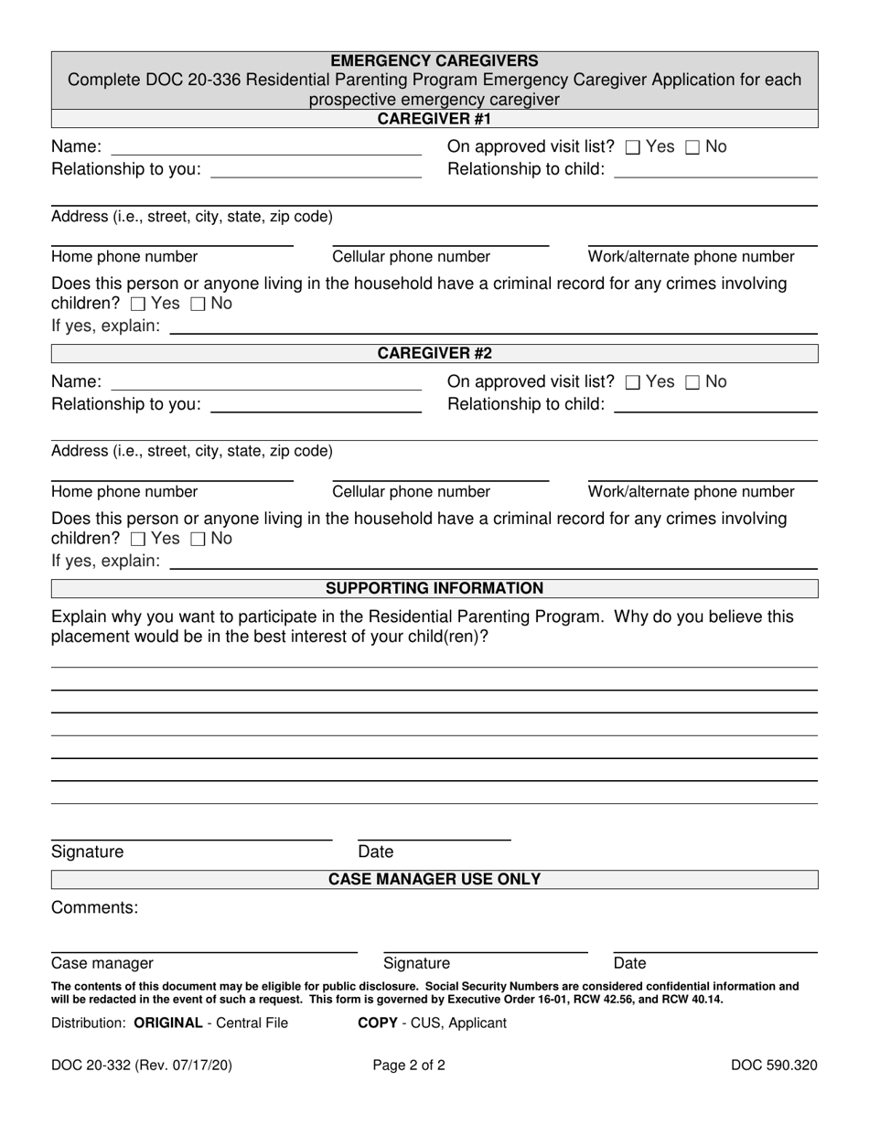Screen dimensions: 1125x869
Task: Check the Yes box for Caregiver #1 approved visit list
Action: [x=632, y=147]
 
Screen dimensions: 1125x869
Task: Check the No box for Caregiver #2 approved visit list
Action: [x=692, y=382]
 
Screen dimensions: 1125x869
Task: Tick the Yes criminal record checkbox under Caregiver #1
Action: [x=138, y=304]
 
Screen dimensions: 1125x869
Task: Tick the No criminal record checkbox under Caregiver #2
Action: [x=198, y=539]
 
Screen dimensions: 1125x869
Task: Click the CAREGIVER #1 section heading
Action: [x=434, y=119]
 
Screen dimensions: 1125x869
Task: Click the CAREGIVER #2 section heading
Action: [x=434, y=354]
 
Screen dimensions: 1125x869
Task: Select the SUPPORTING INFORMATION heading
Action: [x=434, y=588]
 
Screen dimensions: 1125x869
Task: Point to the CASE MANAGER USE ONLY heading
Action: [x=434, y=879]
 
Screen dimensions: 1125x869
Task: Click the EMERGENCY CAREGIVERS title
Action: [x=434, y=61]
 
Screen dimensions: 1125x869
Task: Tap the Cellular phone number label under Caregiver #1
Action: [x=411, y=257]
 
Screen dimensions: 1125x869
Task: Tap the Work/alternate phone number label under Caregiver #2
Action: [x=691, y=492]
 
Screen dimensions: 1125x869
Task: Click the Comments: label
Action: [x=95, y=907]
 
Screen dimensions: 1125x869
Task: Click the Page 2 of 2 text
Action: [x=409, y=1065]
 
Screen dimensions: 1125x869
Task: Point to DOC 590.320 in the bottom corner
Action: [x=774, y=1065]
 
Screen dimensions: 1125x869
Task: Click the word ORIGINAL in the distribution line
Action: [x=167, y=1023]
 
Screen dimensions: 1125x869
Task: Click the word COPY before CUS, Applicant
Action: [x=377, y=1023]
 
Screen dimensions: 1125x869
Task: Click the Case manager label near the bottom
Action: [x=102, y=963]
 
